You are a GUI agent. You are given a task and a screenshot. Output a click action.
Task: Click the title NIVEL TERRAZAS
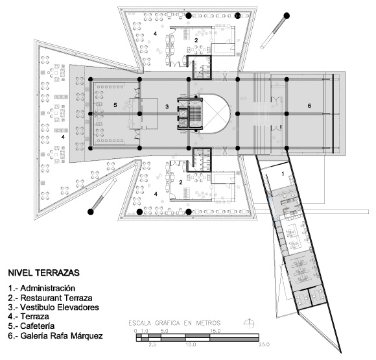43,273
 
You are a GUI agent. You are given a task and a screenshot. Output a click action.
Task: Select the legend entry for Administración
41,288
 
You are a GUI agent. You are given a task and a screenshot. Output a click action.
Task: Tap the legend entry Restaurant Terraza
50,298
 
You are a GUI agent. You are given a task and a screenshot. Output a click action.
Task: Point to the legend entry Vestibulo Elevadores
53,307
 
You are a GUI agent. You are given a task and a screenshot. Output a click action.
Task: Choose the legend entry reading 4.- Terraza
29,317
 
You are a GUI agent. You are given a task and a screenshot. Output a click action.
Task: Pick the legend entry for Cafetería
31,326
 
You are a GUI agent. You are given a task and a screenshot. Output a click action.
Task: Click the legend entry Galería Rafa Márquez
55,335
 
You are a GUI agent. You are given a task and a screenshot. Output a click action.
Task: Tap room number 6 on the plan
309,106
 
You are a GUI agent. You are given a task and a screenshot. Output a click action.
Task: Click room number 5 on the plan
115,105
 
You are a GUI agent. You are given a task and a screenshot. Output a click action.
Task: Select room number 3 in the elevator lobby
167,106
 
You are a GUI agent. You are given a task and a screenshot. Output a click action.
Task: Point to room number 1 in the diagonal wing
283,174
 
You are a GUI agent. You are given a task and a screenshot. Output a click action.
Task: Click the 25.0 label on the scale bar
264,344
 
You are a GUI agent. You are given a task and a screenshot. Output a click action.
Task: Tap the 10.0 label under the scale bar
191,344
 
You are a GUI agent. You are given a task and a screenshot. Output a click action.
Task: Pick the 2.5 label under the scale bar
152,344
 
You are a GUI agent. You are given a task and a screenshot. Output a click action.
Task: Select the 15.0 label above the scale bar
215,331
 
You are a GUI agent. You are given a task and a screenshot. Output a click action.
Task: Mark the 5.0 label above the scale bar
165,331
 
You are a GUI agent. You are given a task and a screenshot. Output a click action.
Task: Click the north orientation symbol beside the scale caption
249,323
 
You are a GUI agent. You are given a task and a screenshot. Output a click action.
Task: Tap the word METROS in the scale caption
208,323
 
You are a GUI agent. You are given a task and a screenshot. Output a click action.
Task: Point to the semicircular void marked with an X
217,114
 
